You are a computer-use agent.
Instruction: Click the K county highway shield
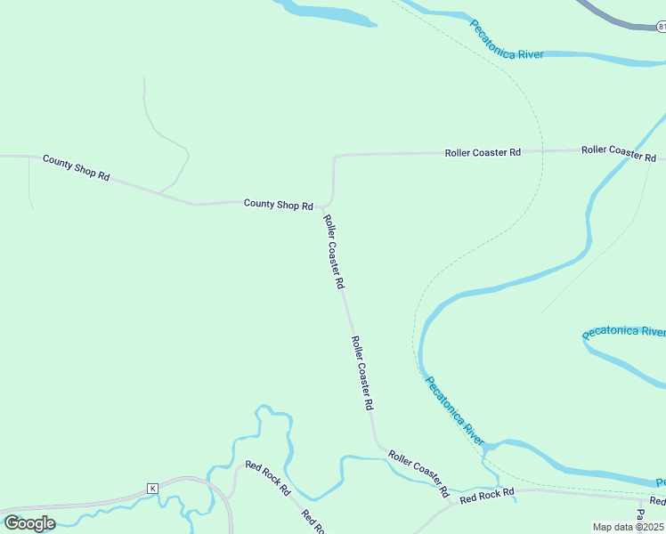[152, 489]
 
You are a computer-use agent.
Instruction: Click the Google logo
[29, 522]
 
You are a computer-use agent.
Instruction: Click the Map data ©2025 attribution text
[629, 527]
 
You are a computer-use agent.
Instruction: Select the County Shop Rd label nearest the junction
[278, 205]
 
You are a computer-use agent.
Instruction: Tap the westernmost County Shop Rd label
[76, 168]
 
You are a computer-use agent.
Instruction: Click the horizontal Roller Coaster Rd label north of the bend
[483, 153]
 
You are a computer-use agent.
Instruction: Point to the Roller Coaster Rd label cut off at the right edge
[619, 152]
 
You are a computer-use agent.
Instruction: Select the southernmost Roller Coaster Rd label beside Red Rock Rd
[418, 473]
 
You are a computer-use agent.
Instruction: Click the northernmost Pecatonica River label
[506, 40]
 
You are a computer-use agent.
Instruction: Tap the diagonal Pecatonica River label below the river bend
[454, 411]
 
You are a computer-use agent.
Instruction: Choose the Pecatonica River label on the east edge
[624, 331]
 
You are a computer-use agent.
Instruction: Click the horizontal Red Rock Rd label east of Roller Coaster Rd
[487, 497]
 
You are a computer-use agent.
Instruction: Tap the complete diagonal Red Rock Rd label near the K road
[268, 478]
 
